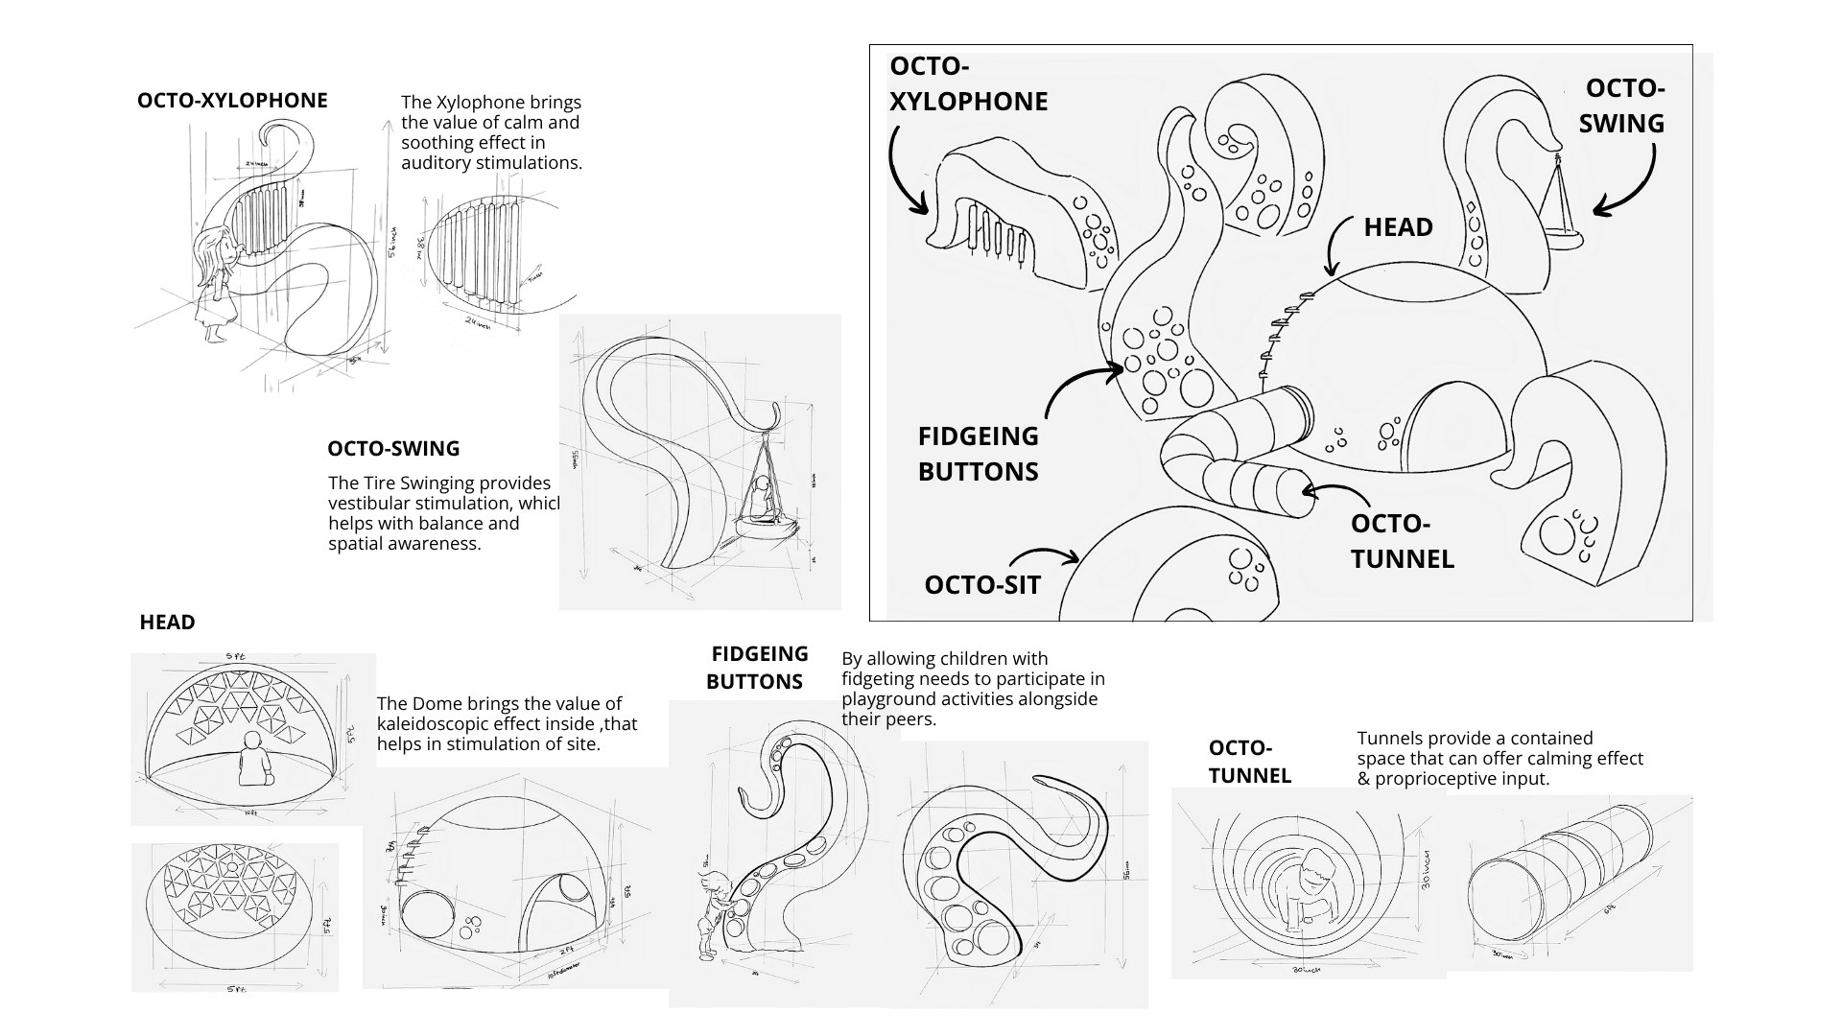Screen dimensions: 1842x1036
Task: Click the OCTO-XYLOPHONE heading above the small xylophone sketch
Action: (x=232, y=101)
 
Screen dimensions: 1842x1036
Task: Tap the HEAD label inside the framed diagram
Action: (x=1398, y=227)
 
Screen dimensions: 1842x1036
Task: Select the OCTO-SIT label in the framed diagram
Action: (x=981, y=585)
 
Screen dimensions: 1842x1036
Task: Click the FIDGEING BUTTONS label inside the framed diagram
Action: (x=978, y=454)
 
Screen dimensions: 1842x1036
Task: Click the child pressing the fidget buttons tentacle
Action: (x=716, y=911)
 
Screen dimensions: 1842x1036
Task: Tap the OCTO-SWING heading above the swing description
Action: (x=393, y=449)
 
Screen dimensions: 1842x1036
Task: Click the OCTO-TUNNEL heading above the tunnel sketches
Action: (x=1249, y=762)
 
